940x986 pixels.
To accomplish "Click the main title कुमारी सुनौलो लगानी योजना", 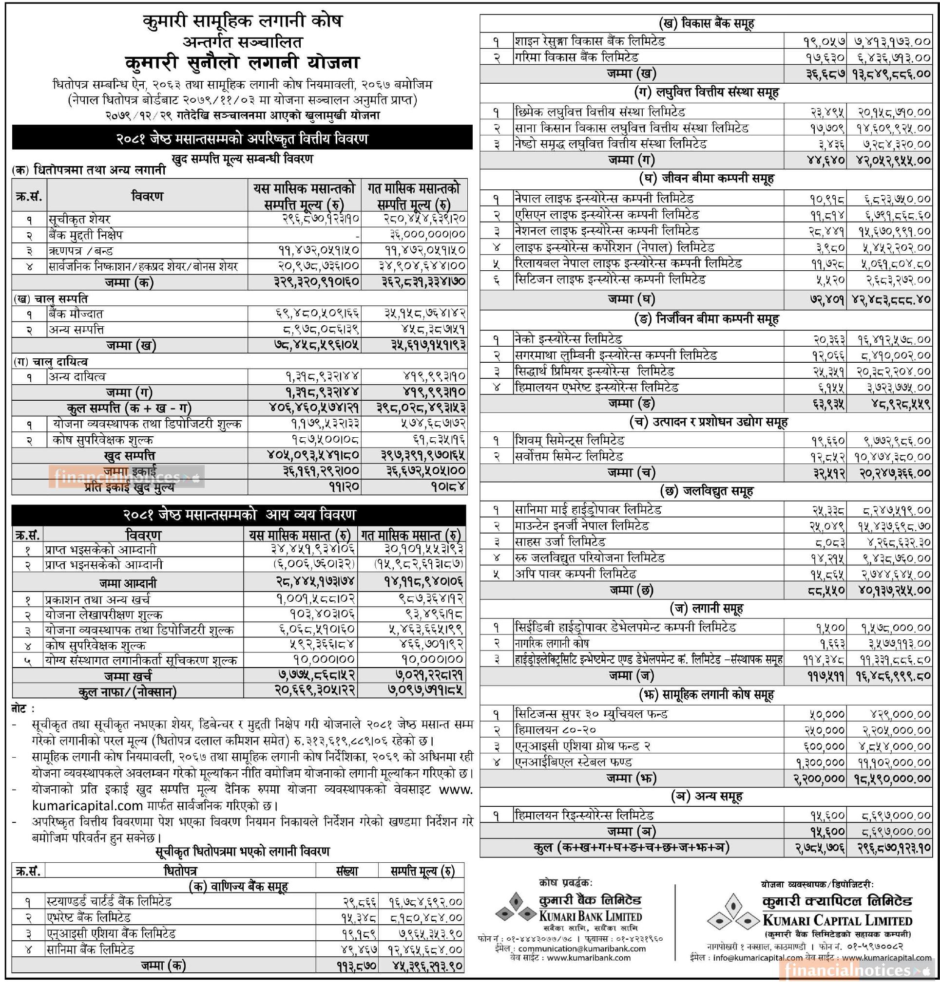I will pos(242,63).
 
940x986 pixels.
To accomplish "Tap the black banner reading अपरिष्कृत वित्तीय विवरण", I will pos(242,138).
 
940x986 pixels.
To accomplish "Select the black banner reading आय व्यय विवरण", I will pos(239,515).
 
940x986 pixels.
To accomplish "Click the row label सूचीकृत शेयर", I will pos(79,219).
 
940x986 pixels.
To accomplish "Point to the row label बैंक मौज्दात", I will pos(76,314).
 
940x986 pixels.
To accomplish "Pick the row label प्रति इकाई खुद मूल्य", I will pos(129,486).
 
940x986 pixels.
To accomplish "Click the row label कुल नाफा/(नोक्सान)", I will pos(128,691).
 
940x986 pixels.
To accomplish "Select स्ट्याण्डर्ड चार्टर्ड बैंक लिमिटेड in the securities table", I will pos(109,902).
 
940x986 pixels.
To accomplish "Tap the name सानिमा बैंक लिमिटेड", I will pos(90,949).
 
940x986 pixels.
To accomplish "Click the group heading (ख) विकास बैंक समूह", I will pos(707,23).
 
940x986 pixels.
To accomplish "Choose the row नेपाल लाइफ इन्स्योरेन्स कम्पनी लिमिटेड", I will pos(604,199).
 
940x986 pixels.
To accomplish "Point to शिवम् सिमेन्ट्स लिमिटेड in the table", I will pos(569,441).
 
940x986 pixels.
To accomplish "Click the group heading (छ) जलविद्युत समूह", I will pos(707,492).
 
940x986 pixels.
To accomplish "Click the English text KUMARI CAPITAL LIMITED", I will pos(837,920).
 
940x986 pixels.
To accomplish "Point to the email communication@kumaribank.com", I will pos(582,949).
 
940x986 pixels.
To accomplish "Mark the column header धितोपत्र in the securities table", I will pos(180,871).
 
